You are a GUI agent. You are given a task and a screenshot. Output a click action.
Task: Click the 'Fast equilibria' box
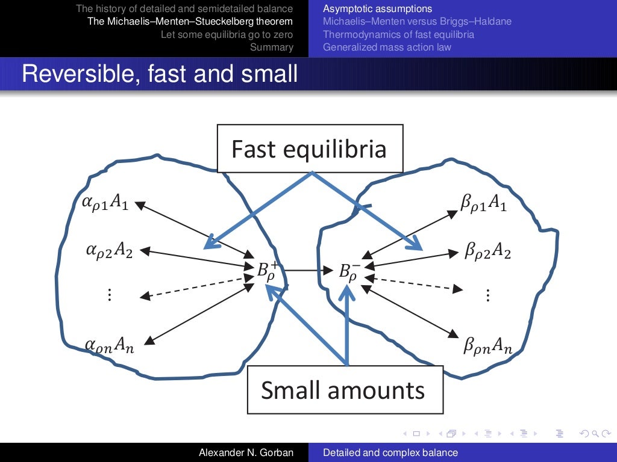coord(309,148)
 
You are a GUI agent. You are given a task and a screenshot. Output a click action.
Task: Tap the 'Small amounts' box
coord(345,390)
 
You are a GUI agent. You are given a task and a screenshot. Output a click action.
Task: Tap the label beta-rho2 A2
coord(487,250)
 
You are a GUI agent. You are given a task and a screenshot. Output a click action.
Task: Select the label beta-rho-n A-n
coord(488,346)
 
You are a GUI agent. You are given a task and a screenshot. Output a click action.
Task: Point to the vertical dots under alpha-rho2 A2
coord(110,295)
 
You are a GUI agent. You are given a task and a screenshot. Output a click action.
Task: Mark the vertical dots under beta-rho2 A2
coord(487,295)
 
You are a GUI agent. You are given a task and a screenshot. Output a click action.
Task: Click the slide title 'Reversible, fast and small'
coord(160,74)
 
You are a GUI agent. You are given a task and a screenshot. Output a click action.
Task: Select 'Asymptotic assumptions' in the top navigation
coord(377,9)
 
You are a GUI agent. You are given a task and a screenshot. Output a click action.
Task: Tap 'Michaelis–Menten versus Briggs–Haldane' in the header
coord(417,22)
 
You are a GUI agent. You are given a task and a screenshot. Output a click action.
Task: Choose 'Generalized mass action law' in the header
coord(387,47)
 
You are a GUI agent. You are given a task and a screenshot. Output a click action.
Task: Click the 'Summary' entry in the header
coord(272,47)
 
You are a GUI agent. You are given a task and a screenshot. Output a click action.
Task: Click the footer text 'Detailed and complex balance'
coord(390,452)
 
